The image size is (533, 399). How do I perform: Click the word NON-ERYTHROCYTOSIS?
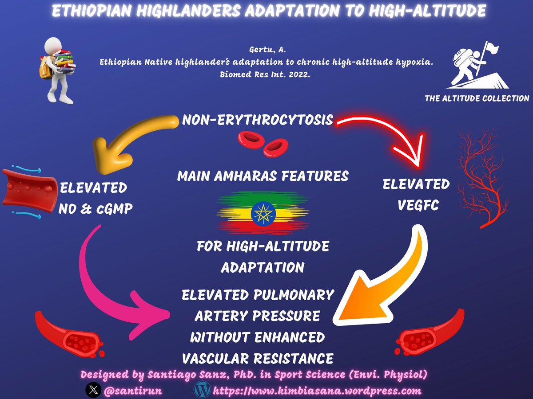click(258, 120)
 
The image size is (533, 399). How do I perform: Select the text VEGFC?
click(416, 206)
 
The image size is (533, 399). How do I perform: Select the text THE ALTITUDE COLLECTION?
click(477, 98)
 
